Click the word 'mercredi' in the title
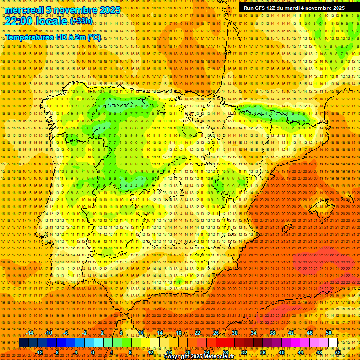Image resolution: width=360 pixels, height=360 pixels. pos(25,10)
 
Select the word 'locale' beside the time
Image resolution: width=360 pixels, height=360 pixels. pos(52,21)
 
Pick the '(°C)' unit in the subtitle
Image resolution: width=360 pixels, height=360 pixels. pos(94,37)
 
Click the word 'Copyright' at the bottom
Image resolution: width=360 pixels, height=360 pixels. pos(177,357)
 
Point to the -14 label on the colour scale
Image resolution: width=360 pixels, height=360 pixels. pos(30,333)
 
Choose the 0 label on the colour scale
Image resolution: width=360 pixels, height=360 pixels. pos(93,352)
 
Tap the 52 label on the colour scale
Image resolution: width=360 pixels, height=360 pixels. pos(338,352)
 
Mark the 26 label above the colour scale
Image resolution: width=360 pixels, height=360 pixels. pos(216,333)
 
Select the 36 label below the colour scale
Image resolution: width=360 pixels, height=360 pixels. pos(262,352)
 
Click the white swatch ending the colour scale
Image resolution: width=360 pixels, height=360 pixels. pos(333,343)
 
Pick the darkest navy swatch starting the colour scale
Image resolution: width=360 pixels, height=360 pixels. pos(23,343)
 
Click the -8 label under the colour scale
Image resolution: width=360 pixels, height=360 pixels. pos(57,352)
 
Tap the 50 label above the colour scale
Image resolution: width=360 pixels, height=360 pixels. pos(328,333)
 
